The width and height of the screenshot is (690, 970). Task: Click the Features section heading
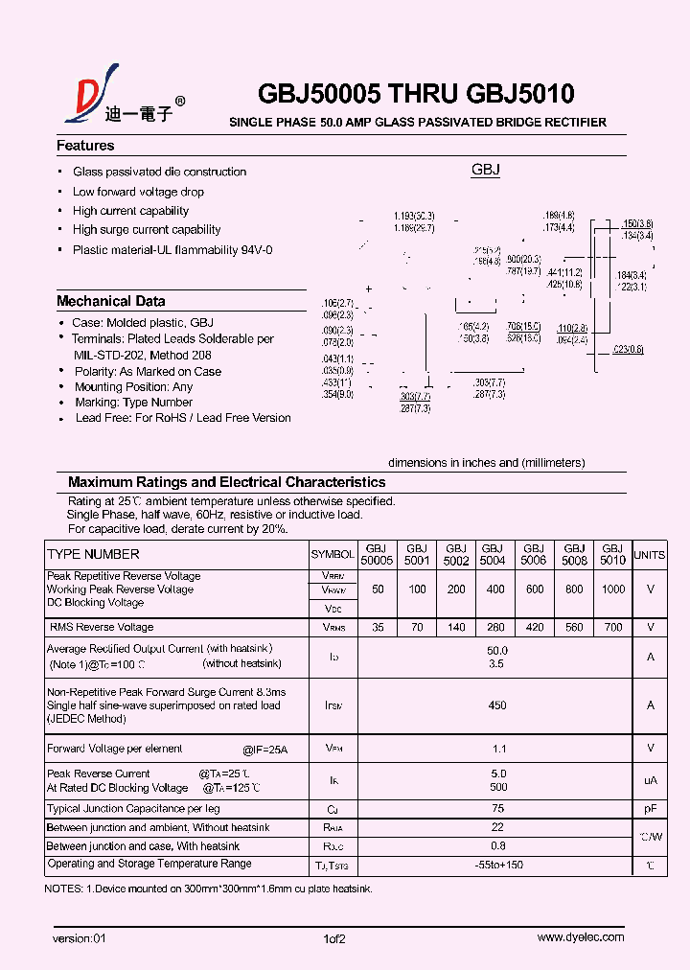[85, 146]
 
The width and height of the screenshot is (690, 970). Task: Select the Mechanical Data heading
[110, 301]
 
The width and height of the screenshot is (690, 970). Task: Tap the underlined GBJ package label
[486, 170]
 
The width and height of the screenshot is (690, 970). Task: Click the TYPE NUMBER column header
[93, 554]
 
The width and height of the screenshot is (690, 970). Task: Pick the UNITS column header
[650, 555]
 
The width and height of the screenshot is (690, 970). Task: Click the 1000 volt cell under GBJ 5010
[611, 589]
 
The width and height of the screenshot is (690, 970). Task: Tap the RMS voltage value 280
[495, 627]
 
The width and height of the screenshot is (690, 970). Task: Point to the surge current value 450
[496, 705]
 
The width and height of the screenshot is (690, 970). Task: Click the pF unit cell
[650, 809]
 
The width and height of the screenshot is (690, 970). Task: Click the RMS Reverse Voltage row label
[102, 627]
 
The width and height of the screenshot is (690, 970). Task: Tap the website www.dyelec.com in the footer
[580, 937]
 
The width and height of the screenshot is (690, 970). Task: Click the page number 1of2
[334, 938]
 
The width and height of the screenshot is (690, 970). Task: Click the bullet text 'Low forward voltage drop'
[138, 192]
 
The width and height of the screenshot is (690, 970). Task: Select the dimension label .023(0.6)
[628, 349]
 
